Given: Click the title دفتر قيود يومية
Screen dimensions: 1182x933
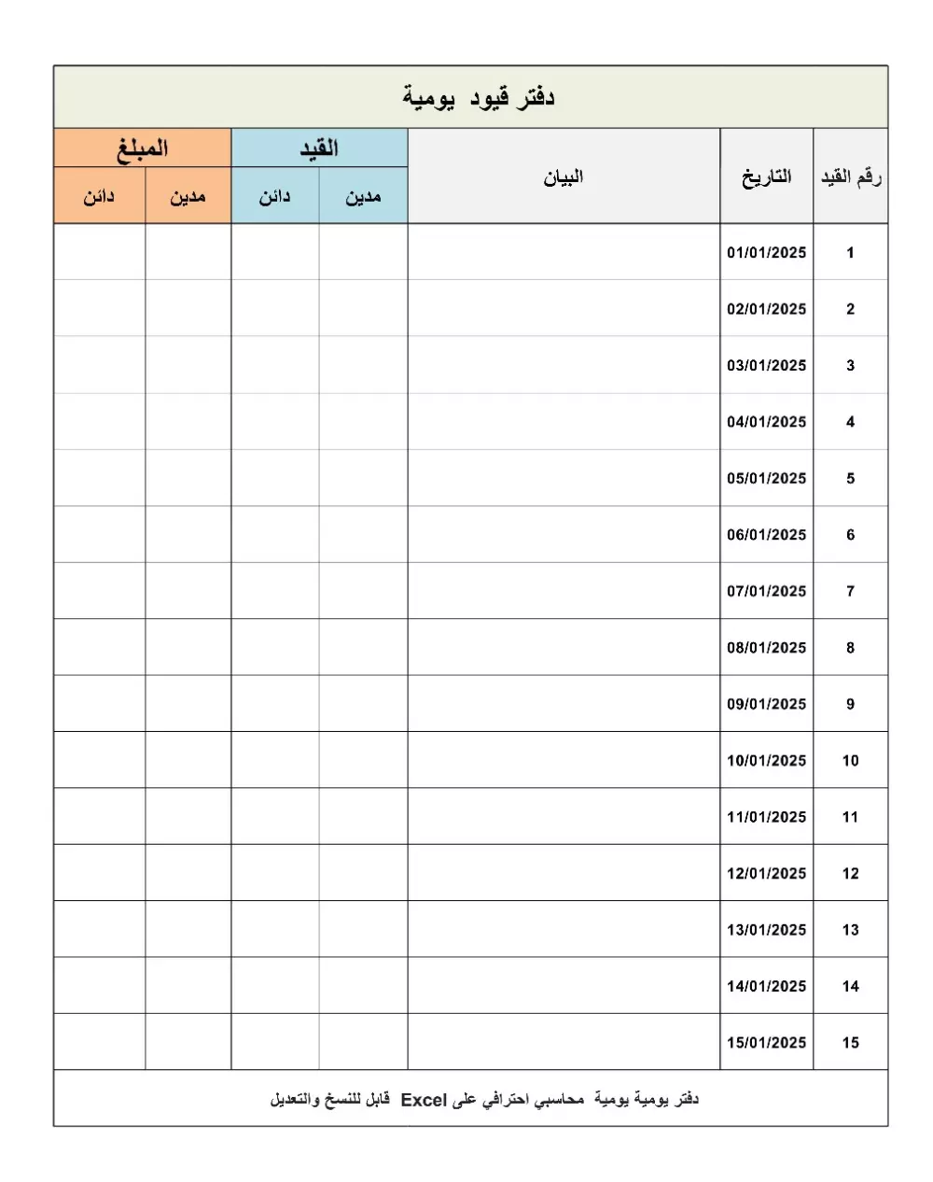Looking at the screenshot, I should click(479, 97).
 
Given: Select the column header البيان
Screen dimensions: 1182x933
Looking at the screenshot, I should click(564, 177).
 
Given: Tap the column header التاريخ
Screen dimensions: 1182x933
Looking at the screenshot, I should click(766, 177).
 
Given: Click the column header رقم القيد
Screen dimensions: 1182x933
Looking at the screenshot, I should click(850, 177).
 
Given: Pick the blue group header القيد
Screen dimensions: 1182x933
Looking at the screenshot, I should click(318, 148).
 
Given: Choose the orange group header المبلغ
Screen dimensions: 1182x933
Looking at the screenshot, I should click(142, 148).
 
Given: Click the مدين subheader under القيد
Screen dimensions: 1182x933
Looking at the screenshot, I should click(363, 197).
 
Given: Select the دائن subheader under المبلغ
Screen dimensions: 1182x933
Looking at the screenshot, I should click(99, 197).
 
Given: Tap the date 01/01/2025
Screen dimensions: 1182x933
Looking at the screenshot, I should click(766, 253).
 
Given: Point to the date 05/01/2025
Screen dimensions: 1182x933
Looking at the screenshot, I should click(766, 479).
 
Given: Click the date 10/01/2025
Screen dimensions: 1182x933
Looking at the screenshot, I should click(766, 761).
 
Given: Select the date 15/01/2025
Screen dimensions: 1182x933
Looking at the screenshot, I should click(766, 1043).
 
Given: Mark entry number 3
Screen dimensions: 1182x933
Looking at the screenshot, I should click(850, 366).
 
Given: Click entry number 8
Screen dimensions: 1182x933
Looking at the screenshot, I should click(850, 648).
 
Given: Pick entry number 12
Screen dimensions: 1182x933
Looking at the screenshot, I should click(850, 874).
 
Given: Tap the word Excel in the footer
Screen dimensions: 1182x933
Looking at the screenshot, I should click(425, 1100).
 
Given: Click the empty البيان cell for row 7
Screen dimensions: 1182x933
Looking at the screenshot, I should click(564, 591).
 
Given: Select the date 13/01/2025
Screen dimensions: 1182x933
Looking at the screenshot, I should click(766, 930).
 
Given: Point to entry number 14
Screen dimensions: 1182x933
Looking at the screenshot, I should click(850, 987).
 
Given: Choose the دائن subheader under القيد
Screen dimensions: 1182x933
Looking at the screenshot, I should click(274, 197).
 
